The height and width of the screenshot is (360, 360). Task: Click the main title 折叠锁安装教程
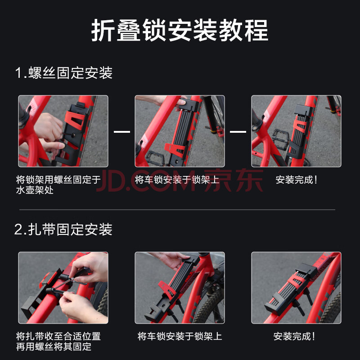point(180,30)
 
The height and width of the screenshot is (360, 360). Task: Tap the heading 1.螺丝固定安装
point(63,73)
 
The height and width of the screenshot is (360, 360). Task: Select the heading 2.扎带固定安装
point(63,229)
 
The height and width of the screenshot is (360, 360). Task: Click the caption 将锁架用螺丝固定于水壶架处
point(58,184)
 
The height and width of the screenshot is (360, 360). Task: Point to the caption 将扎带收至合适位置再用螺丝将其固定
point(58,342)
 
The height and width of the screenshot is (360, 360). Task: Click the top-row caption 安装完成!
point(296,180)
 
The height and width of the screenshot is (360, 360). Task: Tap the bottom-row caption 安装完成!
point(294,336)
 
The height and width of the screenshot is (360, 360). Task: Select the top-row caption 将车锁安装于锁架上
point(177,180)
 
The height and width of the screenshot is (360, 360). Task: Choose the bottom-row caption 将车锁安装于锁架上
point(180,336)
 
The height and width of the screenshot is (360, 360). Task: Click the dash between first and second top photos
point(122,131)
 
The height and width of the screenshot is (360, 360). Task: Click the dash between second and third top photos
point(238,131)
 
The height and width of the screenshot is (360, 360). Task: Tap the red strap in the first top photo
point(75,119)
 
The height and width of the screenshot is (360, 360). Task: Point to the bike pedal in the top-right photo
point(280,139)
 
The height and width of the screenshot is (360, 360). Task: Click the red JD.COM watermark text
point(146,180)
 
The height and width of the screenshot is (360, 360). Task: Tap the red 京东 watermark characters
point(234,180)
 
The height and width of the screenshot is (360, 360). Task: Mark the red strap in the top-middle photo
point(175,149)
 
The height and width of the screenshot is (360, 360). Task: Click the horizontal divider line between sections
point(177,210)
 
